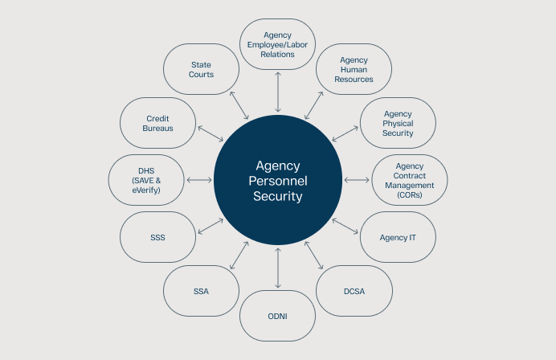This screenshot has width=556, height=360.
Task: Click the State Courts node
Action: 202,69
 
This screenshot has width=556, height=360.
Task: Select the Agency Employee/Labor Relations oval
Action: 278,44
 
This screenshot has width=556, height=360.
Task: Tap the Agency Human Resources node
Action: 354,70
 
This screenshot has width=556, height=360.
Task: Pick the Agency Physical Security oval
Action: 398,123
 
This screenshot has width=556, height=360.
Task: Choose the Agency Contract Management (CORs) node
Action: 410,180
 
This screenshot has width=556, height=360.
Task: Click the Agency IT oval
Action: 398,237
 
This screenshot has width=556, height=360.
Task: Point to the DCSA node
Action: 354,291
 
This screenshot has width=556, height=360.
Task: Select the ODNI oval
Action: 278,316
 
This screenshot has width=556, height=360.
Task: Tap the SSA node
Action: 202,291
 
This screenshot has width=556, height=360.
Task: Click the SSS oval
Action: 157,237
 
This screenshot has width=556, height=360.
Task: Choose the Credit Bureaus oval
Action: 157,123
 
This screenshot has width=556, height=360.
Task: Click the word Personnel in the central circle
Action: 278,180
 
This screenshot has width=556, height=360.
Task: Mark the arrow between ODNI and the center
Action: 278,268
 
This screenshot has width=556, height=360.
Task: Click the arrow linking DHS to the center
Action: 198,180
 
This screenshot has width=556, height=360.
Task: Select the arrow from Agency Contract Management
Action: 356,180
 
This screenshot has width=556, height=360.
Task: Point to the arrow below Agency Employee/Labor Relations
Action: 278,92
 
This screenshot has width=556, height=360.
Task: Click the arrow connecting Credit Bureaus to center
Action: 211,134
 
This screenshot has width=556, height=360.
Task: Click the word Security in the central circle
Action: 278,195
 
